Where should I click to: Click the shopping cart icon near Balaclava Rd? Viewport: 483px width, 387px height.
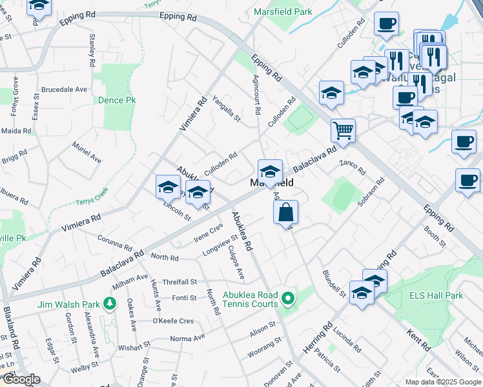click(x=343, y=130)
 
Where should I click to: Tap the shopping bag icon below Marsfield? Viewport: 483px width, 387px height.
click(x=285, y=212)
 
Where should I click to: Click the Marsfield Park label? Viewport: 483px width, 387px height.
click(x=283, y=12)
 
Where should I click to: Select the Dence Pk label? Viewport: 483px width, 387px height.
click(x=117, y=101)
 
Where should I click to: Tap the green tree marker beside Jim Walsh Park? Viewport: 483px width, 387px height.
click(x=110, y=303)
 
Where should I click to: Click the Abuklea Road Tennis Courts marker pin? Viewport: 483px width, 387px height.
click(x=289, y=299)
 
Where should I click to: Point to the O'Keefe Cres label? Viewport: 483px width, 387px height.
click(x=172, y=321)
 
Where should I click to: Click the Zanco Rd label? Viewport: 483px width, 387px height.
click(x=353, y=168)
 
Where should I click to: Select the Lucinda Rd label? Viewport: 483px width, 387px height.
click(x=347, y=340)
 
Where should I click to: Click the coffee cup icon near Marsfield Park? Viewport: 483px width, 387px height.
click(x=386, y=25)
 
